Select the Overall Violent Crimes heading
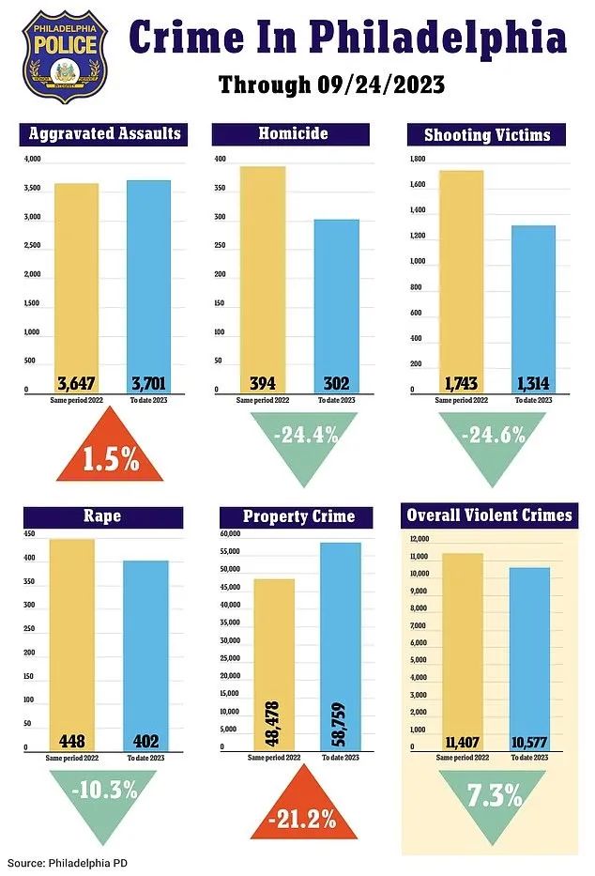tap(489, 515)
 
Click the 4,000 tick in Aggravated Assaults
tap(33, 161)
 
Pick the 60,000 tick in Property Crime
tap(231, 534)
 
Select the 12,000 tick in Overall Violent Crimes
tap(419, 539)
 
